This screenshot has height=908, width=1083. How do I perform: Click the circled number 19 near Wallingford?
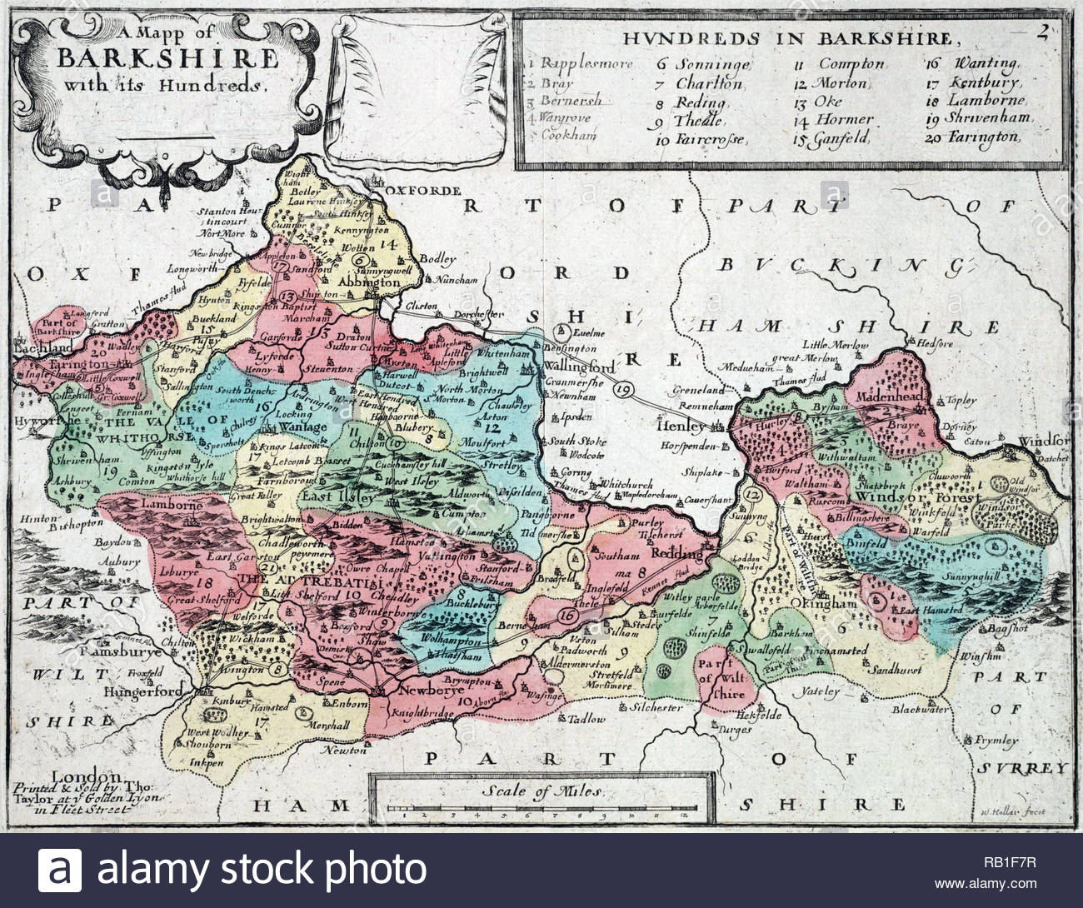(x=624, y=389)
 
